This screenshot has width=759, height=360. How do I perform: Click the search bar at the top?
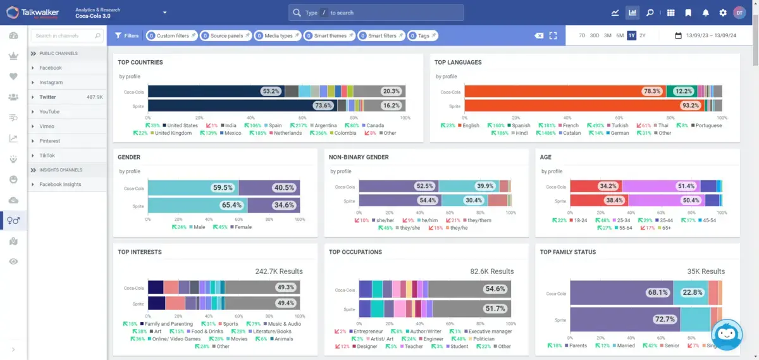coord(376,13)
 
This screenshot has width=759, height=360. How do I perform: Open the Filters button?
coord(127,35)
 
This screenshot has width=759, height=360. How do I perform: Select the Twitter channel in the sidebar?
coord(48,97)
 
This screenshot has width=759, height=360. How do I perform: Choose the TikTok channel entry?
coord(47,156)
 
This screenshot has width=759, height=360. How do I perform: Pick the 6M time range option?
coord(620,35)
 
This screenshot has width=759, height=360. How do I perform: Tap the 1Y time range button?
coord(631,35)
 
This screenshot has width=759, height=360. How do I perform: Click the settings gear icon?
coord(723,13)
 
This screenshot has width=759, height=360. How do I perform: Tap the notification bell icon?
coord(706,13)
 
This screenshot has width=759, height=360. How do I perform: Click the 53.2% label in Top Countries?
coord(271,92)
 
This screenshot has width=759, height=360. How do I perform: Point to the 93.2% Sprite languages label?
coord(690,106)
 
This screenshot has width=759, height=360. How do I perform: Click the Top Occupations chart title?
coord(355,252)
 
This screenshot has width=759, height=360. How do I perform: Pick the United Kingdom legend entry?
coord(173,133)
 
